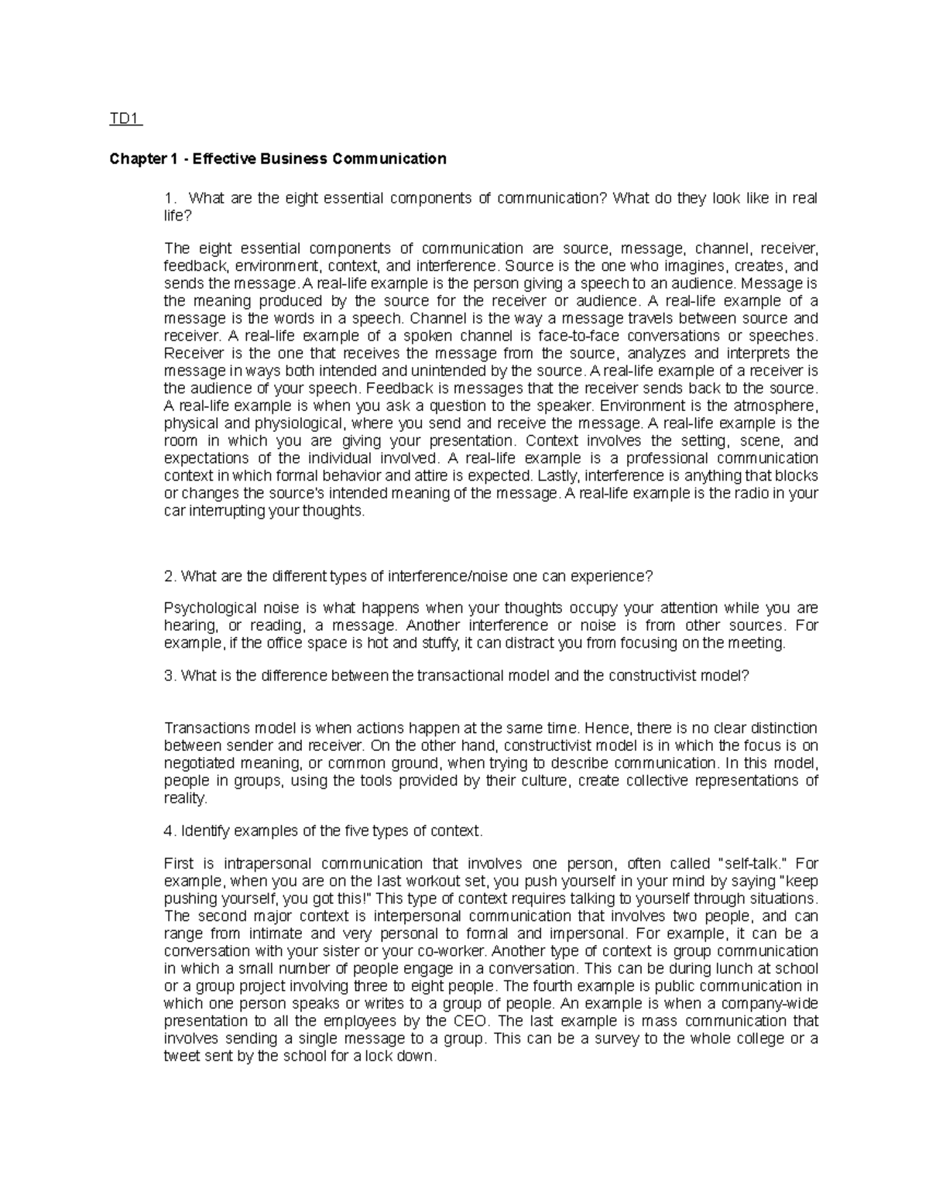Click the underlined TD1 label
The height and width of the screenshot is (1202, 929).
point(124,119)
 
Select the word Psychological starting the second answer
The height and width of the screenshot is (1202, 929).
point(206,608)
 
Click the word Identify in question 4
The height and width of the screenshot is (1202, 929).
point(204,831)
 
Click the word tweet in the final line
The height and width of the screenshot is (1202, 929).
point(181,1056)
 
